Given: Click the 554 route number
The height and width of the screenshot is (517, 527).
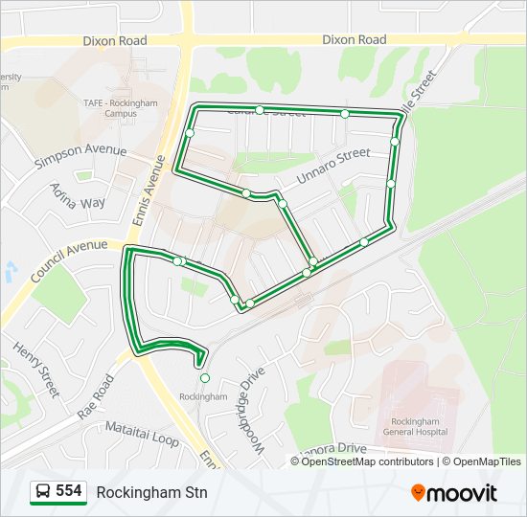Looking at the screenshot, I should (x=68, y=491).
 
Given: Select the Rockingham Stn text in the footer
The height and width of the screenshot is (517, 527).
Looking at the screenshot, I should (x=151, y=492).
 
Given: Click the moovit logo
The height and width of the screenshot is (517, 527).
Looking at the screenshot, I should (x=454, y=493).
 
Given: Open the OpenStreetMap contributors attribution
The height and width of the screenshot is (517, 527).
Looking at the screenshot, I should (x=368, y=461).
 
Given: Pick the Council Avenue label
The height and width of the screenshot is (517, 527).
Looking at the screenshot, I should (x=68, y=259).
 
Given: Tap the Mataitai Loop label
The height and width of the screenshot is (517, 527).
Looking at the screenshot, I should (x=142, y=433).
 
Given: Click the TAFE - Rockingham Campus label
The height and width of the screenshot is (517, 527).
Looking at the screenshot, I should (x=121, y=106).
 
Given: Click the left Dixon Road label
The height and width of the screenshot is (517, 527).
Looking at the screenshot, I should (x=115, y=41).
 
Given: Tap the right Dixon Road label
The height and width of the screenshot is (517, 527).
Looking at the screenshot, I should (x=355, y=40).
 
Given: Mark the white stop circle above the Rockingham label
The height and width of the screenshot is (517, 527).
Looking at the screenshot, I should (x=204, y=378).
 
